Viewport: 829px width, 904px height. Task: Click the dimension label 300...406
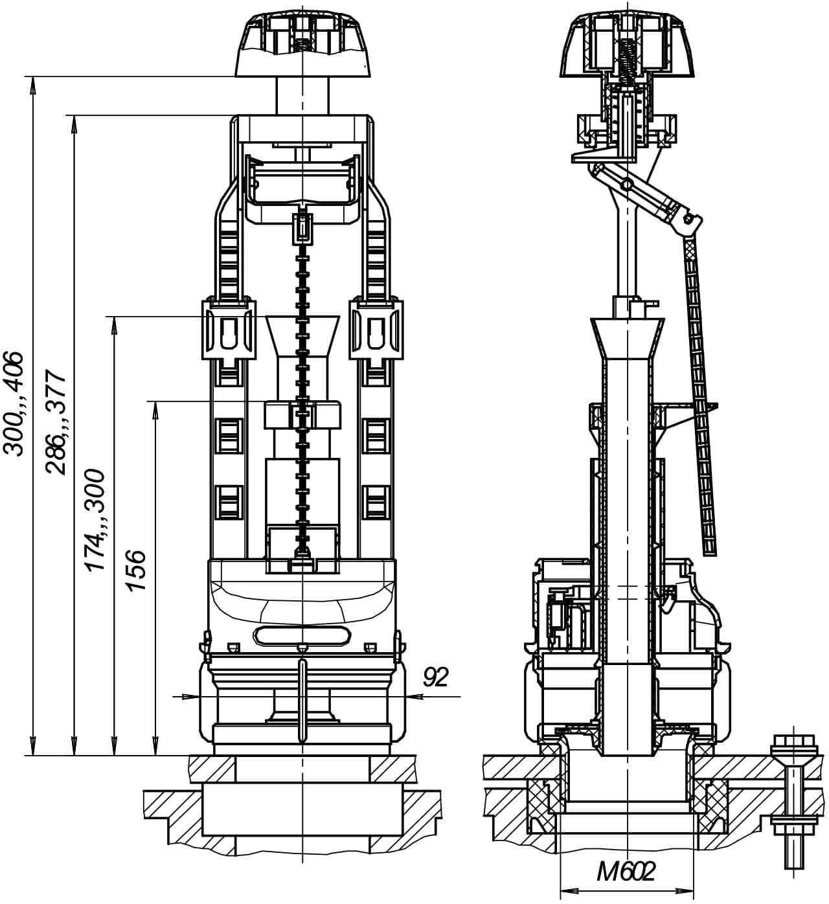tap(13, 403)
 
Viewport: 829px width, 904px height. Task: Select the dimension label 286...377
tap(56, 422)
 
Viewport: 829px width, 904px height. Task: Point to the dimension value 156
tap(136, 570)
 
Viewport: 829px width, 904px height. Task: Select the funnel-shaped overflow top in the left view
tap(302, 335)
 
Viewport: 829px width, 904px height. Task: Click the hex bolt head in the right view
tap(794, 746)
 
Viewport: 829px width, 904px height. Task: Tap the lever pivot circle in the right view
tap(624, 184)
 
